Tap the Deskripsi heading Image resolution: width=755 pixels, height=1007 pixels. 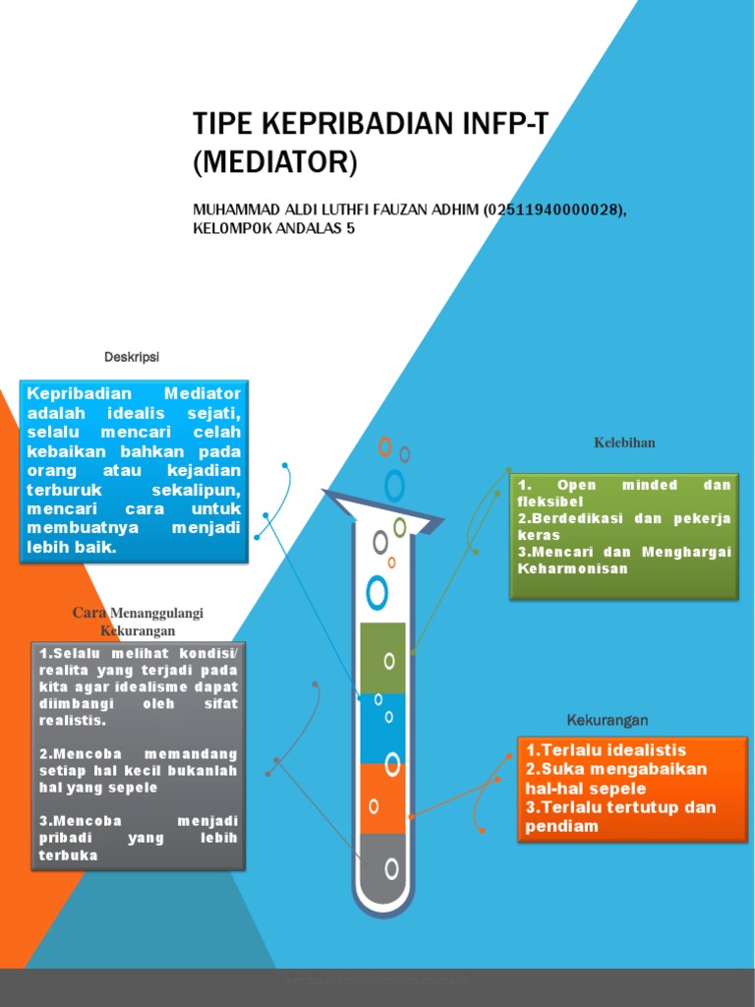132,356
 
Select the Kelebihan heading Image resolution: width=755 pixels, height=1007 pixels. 624,443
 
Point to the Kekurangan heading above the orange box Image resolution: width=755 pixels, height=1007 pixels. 607,721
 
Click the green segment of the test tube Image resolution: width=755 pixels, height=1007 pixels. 382,658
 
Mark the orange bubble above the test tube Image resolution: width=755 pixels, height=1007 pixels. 385,446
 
